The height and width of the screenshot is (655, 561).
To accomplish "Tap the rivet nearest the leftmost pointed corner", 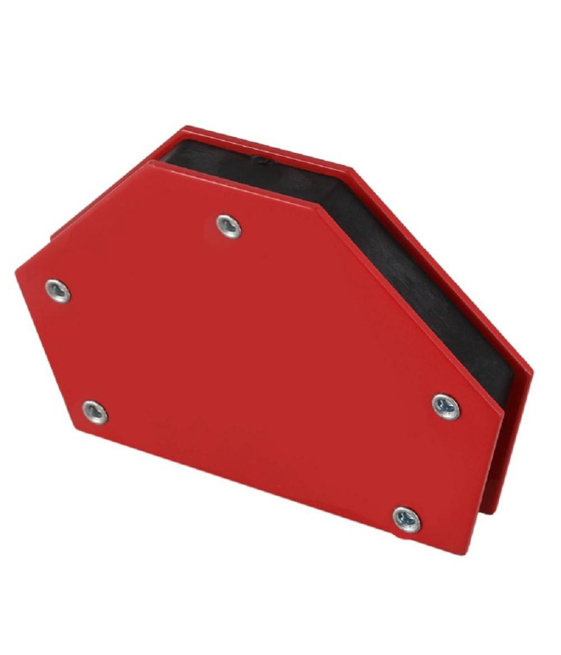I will tap(57, 291).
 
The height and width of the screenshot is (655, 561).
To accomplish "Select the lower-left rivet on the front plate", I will tap(95, 412).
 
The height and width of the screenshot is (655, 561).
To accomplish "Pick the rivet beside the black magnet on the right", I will tap(446, 406).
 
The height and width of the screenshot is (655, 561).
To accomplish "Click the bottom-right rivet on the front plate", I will tap(406, 519).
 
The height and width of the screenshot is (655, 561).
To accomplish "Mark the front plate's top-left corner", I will tap(150, 163).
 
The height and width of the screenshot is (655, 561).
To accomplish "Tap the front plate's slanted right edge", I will tap(411, 306).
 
